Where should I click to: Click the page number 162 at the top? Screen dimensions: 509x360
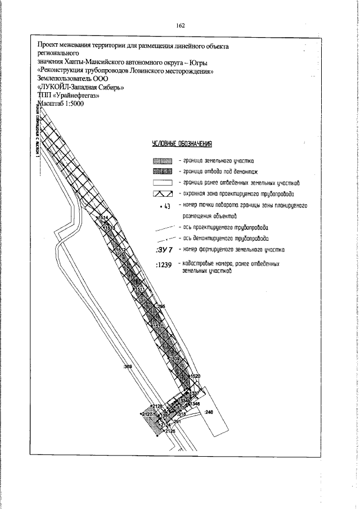[180, 25]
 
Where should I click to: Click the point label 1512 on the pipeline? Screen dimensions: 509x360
[120, 249]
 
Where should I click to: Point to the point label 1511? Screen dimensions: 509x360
[139, 289]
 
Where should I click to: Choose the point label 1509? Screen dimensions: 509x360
[175, 359]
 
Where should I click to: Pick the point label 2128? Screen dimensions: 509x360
[157, 407]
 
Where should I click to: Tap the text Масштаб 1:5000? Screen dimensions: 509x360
[60, 110]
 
